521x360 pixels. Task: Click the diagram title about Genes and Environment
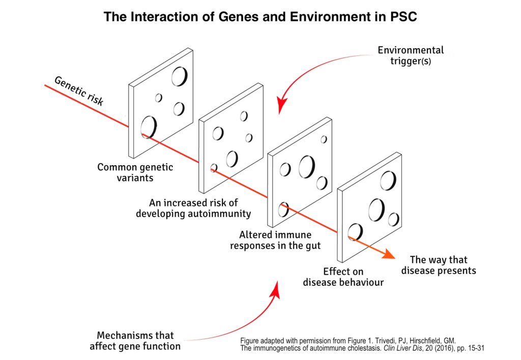(x=260, y=17)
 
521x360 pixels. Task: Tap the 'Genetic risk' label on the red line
(x=79, y=91)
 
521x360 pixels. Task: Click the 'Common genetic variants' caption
(x=135, y=172)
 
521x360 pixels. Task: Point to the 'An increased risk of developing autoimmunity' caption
(x=193, y=208)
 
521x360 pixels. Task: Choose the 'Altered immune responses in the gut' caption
(x=275, y=240)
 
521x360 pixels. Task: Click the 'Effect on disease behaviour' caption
(x=343, y=277)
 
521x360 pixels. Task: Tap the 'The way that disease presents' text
(x=438, y=265)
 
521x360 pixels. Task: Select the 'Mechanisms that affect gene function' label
(x=135, y=341)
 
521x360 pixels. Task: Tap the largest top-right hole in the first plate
(x=179, y=76)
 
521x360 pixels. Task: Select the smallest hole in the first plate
(x=159, y=98)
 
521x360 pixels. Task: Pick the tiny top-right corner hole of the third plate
(x=324, y=139)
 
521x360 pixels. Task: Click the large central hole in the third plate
(x=307, y=167)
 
